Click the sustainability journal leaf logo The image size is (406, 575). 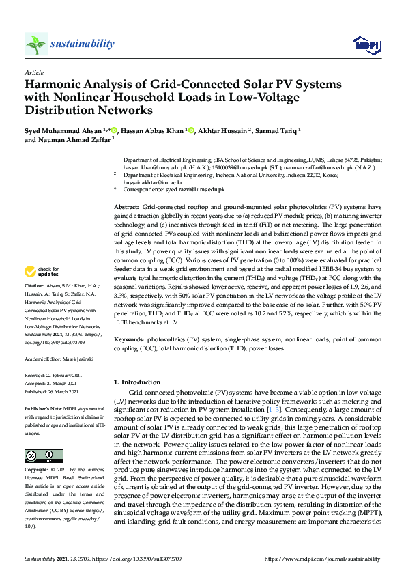tap(35, 44)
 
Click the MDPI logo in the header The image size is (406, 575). tap(365, 45)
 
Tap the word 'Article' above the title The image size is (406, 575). tap(34, 72)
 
